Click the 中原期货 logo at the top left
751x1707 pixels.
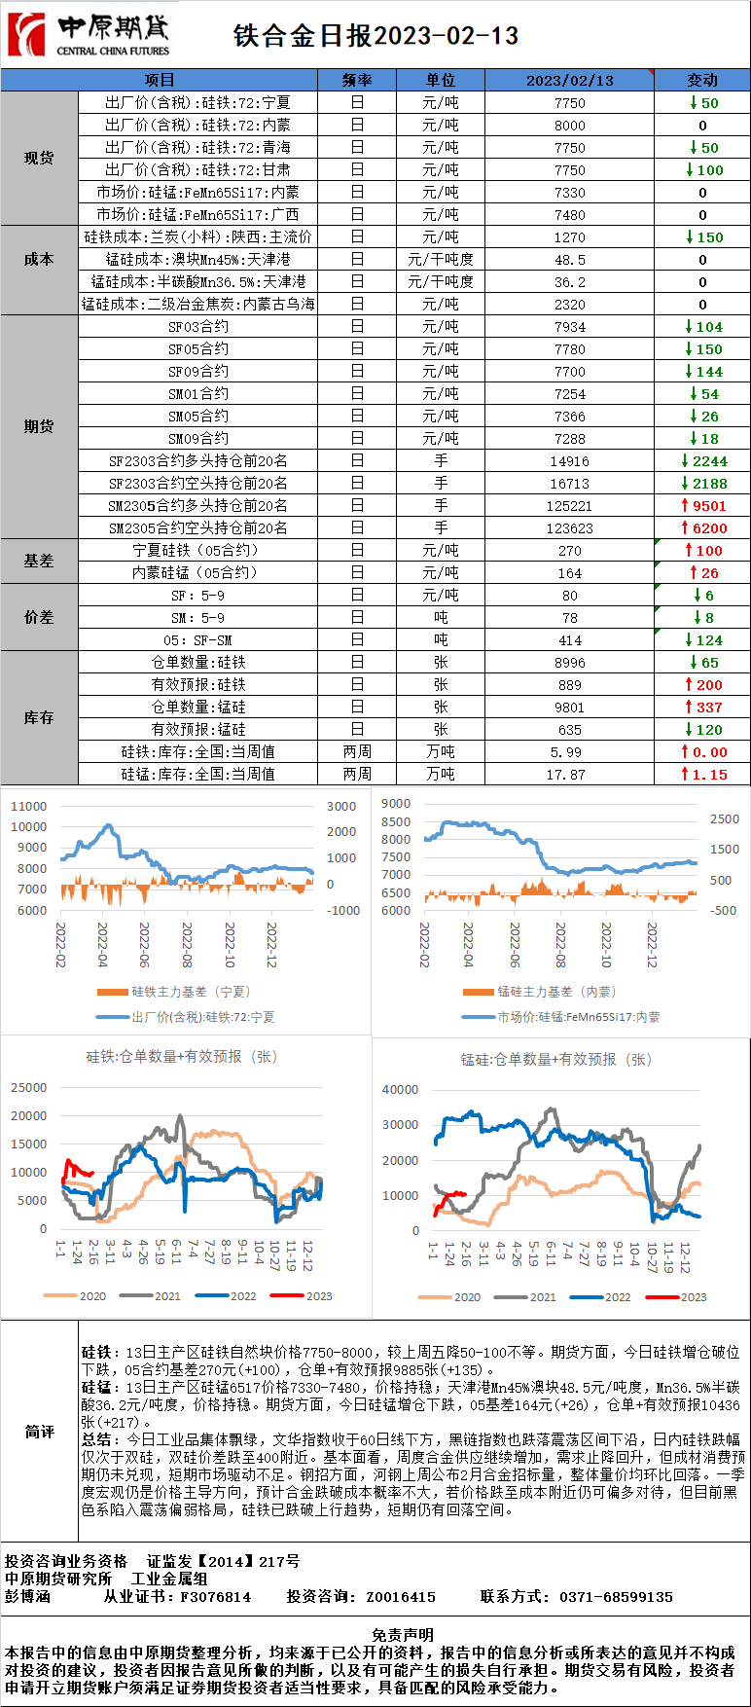88,35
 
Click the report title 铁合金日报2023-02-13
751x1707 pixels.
375,36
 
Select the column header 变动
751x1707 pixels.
701,80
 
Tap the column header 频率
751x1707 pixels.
357,80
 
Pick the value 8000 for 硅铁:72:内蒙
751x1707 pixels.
569,126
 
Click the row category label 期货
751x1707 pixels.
39,426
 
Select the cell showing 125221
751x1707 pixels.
569,506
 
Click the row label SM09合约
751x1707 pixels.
198,439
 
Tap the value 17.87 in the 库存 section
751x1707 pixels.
569,775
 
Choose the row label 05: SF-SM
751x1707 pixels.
198,640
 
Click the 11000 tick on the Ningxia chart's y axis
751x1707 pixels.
28,806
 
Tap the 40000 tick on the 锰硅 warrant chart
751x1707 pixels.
400,1090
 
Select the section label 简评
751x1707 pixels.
39,1432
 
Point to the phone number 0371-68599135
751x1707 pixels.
615,1597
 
